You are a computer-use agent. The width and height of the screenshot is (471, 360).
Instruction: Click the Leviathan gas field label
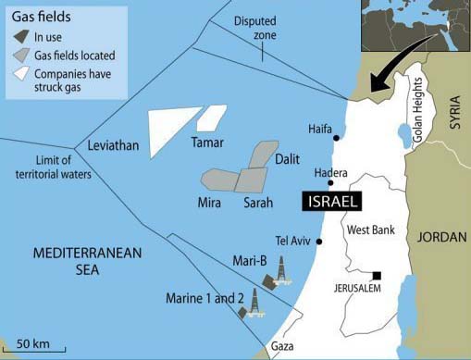click(112, 146)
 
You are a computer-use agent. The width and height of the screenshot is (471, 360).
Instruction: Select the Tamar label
click(207, 143)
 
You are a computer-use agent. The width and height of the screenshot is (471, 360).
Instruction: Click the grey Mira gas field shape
click(223, 180)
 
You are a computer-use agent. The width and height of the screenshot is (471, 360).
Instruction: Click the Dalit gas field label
click(287, 160)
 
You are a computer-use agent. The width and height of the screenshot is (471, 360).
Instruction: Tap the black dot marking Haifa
click(336, 138)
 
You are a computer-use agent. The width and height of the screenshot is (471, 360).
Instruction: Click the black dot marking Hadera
click(330, 183)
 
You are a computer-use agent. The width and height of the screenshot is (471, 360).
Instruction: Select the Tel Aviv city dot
click(319, 242)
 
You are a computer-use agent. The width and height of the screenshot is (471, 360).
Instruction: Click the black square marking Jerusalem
click(378, 275)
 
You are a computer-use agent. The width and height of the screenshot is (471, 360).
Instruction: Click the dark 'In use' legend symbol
click(22, 38)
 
